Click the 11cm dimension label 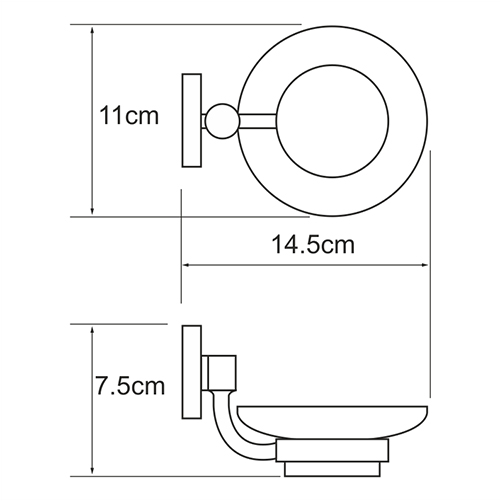(129, 116)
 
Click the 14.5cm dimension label (313, 244)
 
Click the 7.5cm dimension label (130, 386)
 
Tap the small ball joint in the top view (222, 121)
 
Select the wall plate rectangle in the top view (192, 120)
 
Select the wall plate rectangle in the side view (192, 372)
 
